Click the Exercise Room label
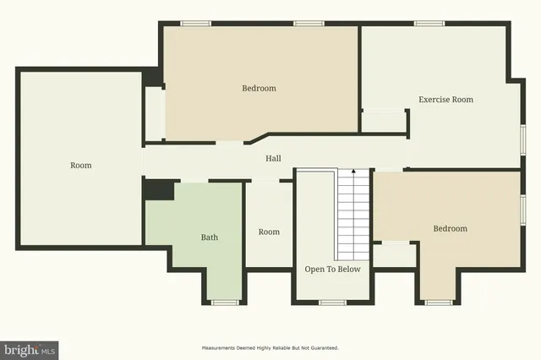pos(445,100)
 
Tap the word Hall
pos(273,158)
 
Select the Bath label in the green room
pos(209,237)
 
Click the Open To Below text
pos(332,270)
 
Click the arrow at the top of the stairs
pos(352,173)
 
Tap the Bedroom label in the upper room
pos(259,88)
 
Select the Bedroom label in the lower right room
pos(450,228)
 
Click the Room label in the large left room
pos(80,165)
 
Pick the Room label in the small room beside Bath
pos(269,232)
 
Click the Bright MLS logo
pos(30,348)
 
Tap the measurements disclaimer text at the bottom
pos(270,347)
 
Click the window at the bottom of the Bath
pos(224,302)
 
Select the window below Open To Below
pos(332,302)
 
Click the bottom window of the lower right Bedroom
pos(438,302)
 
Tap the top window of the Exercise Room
pos(428,24)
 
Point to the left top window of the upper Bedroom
pos(196,24)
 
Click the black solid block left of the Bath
pos(158,189)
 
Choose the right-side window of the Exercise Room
pos(523,137)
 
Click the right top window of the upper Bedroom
pos(308,24)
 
